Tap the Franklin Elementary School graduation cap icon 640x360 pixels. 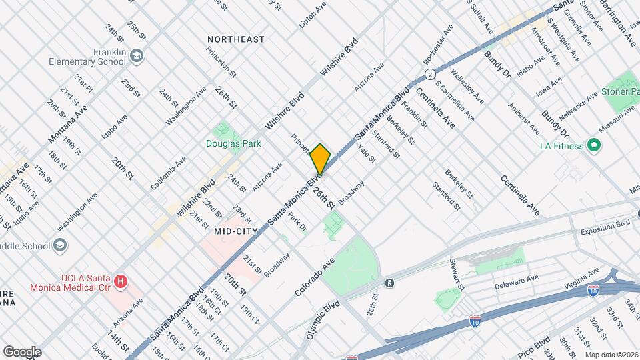pyautogui.click(x=137, y=55)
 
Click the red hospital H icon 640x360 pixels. pyautogui.click(x=121, y=282)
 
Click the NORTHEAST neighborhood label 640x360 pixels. pyautogui.click(x=235, y=39)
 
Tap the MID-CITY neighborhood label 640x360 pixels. pyautogui.click(x=236, y=230)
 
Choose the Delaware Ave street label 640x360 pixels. pyautogui.click(x=516, y=282)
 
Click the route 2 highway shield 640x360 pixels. pyautogui.click(x=431, y=73)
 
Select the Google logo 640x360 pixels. pyautogui.click(x=22, y=351)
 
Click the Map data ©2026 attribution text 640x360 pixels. pyautogui.click(x=611, y=354)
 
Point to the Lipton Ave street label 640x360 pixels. pyautogui.click(x=313, y=14)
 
